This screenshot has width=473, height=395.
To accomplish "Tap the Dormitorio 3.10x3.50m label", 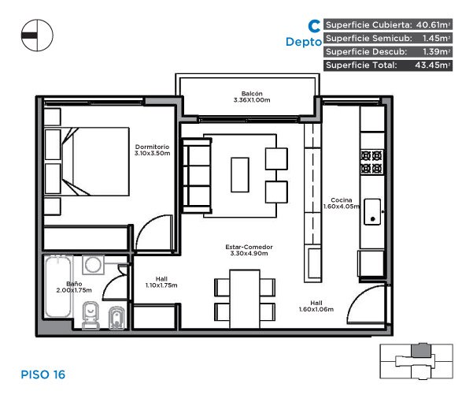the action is [x=152, y=150].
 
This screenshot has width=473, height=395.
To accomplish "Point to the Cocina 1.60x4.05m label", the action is [x=342, y=203].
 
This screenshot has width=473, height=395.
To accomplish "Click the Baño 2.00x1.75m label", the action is [x=74, y=287].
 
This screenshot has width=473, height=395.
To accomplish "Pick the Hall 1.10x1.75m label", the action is [x=161, y=282].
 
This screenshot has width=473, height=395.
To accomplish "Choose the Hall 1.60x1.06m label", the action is [x=316, y=306].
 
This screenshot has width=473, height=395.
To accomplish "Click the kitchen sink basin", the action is [x=372, y=211].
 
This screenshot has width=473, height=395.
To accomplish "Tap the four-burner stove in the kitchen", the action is [x=371, y=162].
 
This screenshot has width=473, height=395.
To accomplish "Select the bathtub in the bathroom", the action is [x=58, y=286].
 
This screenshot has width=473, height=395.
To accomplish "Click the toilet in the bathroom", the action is [x=91, y=315].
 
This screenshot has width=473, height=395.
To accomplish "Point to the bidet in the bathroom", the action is [x=116, y=318].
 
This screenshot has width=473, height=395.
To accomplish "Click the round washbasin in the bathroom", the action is [x=93, y=265].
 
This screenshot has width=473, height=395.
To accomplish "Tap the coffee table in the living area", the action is [x=240, y=175].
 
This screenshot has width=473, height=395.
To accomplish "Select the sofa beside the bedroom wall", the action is [x=197, y=176].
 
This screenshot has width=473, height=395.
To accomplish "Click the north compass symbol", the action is [x=37, y=35].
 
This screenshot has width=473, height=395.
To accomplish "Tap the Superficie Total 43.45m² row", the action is [x=388, y=65].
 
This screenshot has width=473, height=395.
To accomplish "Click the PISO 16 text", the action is [x=43, y=375].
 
